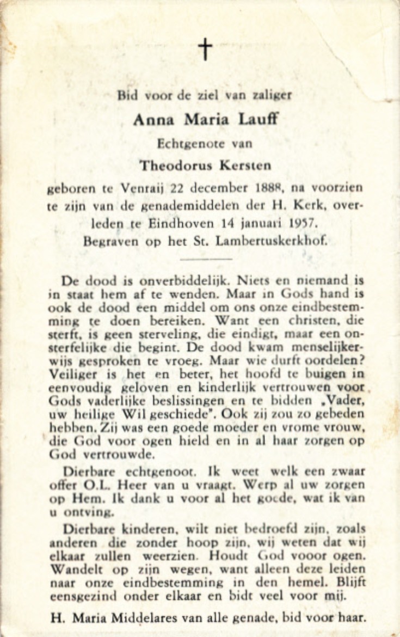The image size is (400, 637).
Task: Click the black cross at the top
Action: (x=205, y=49)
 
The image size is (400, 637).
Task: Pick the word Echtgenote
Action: (x=185, y=144)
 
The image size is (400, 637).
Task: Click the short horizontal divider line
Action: (x=206, y=259)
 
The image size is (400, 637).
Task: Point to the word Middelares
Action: (x=141, y=618)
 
